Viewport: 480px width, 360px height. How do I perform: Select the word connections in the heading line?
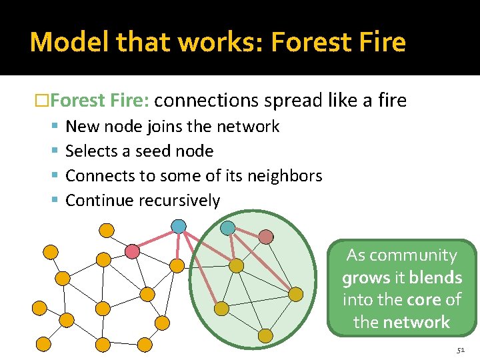206,101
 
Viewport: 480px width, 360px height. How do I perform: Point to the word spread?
294,101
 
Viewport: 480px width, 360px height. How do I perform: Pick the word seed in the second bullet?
153,151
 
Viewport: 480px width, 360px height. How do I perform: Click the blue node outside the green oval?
179,227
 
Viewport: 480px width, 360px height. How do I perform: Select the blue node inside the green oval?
228,227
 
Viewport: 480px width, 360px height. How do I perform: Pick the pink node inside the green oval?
266,237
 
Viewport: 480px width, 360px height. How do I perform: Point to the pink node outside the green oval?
133,251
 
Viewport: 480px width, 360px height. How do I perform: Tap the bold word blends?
435,278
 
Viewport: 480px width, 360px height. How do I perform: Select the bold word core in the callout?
425,300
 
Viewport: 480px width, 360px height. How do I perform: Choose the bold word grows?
366,278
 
